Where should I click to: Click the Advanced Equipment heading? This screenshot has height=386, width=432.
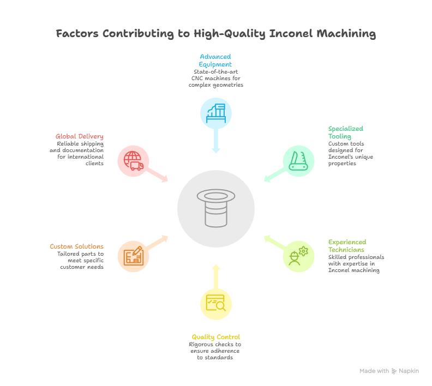click(x=215, y=60)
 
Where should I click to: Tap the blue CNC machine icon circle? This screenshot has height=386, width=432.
click(x=216, y=113)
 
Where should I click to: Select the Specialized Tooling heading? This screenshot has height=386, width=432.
click(x=345, y=132)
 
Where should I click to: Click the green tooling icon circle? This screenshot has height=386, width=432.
click(x=298, y=161)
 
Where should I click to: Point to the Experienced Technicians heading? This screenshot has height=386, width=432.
click(x=347, y=246)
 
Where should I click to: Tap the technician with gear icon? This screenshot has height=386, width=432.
click(x=298, y=256)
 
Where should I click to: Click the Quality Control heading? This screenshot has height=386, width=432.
click(x=215, y=337)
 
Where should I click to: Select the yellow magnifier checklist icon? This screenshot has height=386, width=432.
click(x=216, y=304)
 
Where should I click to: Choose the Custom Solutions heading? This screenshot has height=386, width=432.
click(x=76, y=246)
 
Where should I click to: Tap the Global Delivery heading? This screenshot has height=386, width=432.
click(x=79, y=136)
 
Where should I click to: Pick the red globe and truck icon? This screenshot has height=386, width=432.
click(x=134, y=161)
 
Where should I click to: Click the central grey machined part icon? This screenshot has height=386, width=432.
click(x=216, y=209)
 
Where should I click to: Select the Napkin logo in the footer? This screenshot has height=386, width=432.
click(x=394, y=371)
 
